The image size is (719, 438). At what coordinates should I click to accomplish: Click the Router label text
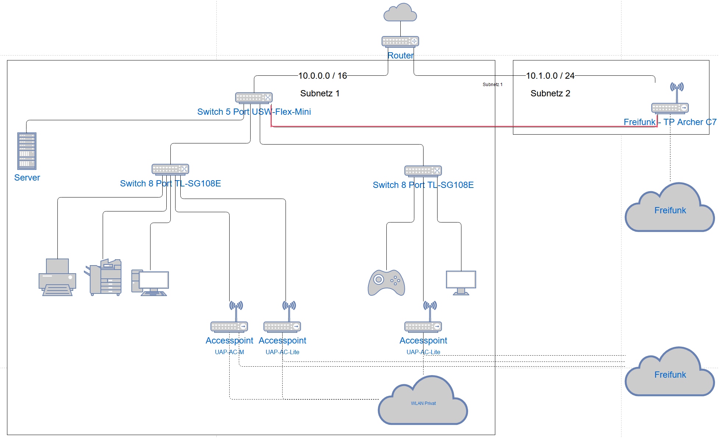point(400,56)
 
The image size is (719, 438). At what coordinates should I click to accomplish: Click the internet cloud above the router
point(400,13)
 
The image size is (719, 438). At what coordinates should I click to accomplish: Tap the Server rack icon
point(27,151)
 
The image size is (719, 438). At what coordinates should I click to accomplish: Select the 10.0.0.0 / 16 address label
point(322,76)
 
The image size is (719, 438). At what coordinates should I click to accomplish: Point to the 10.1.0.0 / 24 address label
point(550,76)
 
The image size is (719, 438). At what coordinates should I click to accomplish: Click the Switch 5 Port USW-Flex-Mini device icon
point(254,97)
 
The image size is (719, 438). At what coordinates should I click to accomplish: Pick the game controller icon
point(386,283)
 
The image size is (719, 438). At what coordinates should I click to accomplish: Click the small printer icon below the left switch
point(57,277)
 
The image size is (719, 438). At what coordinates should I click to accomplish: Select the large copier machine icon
point(103,277)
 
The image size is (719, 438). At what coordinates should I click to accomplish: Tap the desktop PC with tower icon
point(150,283)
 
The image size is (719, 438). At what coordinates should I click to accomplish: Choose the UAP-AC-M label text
point(229,352)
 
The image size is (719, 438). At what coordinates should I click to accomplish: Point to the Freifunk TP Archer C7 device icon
point(670,107)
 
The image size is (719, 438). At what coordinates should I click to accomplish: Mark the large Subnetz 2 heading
point(550,93)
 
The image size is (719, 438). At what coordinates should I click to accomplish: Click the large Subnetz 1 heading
point(320,93)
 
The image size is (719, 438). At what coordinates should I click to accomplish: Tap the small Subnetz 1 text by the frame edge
point(492,85)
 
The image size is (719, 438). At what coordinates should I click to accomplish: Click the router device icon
point(400,41)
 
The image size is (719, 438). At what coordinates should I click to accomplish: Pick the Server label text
point(27,178)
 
